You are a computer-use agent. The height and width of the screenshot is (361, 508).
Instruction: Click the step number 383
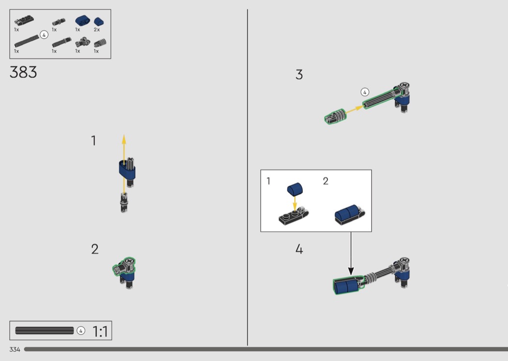[23, 72]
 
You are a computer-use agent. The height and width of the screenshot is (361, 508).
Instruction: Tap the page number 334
[15, 349]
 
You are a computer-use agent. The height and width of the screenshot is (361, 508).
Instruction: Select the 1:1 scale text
[100, 331]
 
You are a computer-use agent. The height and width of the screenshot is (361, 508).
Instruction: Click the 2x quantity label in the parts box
[97, 30]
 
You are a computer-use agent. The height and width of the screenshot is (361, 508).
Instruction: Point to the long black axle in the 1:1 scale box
[45, 331]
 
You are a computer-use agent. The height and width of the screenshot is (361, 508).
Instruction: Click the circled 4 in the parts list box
[44, 35]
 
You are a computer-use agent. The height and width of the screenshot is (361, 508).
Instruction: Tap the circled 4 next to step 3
[365, 92]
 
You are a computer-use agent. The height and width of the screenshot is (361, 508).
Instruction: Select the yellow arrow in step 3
[355, 109]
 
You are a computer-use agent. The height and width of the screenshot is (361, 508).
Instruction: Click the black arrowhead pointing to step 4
[351, 271]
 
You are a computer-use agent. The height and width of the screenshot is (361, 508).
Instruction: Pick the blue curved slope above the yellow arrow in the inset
[295, 189]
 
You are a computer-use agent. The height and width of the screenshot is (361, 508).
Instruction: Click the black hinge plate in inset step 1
[294, 216]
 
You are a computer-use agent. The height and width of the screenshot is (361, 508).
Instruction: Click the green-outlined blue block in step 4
[348, 285]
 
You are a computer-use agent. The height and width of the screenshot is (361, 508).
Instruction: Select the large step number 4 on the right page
[299, 249]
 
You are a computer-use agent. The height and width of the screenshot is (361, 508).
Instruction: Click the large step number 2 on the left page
[95, 249]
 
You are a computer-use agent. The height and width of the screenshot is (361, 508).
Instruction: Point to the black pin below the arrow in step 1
[124, 203]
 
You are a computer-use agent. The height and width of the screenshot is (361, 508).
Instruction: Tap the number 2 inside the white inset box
[326, 181]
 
